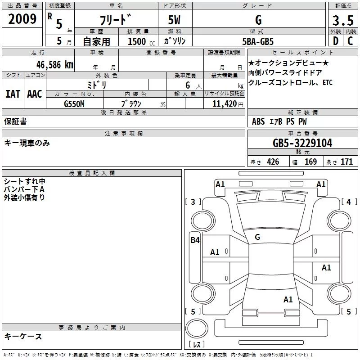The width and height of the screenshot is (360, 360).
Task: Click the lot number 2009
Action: pyautogui.click(x=22, y=19)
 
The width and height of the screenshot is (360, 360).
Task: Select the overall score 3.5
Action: pyautogui.click(x=343, y=21)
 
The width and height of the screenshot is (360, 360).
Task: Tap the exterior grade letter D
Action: pyautogui.click(x=336, y=41)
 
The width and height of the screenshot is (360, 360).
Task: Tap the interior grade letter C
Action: pyautogui.click(x=350, y=41)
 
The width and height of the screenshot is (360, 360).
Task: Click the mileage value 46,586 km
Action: pyautogui.click(x=54, y=65)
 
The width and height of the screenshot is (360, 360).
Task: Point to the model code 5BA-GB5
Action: pyautogui.click(x=258, y=41)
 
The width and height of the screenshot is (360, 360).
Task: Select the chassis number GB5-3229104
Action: pyautogui.click(x=302, y=143)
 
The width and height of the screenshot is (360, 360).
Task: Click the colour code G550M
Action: pyautogui.click(x=74, y=104)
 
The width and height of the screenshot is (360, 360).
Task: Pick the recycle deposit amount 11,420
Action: pyautogui.click(x=224, y=104)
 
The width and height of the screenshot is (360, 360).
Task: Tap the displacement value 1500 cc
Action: pyautogui.click(x=141, y=41)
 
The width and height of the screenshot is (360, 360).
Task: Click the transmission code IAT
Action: pyautogui.click(x=13, y=94)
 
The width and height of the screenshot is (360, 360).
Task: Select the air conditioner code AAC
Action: pyautogui.click(x=35, y=94)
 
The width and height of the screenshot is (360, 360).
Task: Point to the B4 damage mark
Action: pyautogui.click(x=195, y=240)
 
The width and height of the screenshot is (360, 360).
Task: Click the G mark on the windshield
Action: pyautogui.click(x=257, y=237)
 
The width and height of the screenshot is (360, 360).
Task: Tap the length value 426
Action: pyautogui.click(x=273, y=162)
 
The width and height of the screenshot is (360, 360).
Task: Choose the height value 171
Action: pyautogui.click(x=346, y=162)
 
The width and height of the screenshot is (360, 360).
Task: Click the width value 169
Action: pyautogui.click(x=310, y=162)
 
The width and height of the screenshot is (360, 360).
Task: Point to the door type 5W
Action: pyautogui.click(x=174, y=20)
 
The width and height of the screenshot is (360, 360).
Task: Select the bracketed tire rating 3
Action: pyautogui.click(x=193, y=202)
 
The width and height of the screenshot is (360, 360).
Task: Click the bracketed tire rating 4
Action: pyautogui.click(x=349, y=202)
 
